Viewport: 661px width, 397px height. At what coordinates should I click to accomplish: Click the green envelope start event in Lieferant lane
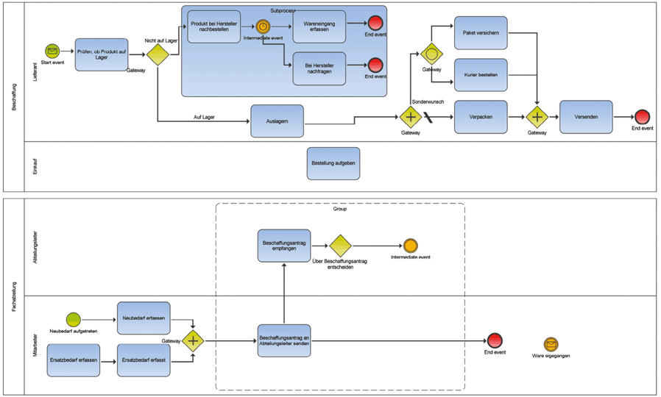coord(52,51)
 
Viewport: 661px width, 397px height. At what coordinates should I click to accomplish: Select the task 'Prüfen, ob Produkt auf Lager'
coord(102,54)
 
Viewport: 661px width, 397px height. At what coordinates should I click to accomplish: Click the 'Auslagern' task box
coord(278,121)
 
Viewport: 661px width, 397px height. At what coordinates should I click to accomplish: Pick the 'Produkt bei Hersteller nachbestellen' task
coord(213,26)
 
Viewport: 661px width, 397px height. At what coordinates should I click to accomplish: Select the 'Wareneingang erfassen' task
coord(319,26)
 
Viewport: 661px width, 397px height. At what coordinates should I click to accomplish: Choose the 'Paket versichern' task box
coord(481,32)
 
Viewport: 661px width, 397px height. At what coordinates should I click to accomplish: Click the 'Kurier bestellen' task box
coord(481,75)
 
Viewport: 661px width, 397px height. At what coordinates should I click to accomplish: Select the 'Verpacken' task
coord(481,117)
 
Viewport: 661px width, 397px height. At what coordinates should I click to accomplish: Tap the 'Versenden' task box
coord(586,117)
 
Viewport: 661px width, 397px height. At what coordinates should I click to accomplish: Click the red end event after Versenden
coord(642,117)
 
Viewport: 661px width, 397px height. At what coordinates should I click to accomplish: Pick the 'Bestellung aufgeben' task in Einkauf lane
coord(333,162)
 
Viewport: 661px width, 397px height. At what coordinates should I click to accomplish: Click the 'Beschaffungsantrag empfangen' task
coord(284,245)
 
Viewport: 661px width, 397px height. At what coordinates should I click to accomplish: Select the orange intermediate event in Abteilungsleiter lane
coord(410,246)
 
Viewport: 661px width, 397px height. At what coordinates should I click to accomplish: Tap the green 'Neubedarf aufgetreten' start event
coord(73,319)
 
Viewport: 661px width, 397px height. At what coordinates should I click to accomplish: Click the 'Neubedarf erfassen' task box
coord(144,318)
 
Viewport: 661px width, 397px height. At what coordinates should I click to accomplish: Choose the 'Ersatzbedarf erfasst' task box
coord(144,360)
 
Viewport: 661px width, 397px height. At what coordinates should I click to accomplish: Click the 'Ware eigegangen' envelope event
coord(551,344)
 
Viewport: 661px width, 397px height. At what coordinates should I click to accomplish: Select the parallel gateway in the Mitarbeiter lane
coord(193,340)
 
